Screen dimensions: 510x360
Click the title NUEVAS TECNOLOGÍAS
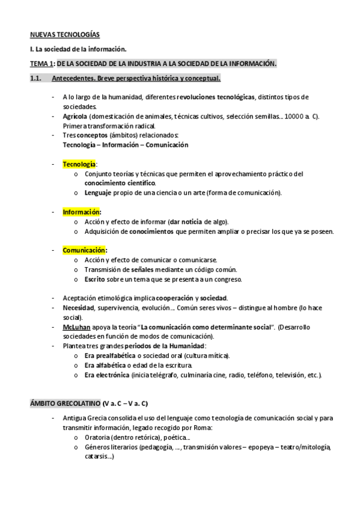click(66, 35)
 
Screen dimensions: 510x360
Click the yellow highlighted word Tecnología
click(79, 164)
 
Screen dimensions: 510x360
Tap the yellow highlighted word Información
click(82, 212)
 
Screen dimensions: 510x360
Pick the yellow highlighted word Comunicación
click(84, 250)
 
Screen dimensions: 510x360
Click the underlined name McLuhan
click(75, 327)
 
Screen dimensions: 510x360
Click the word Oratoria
click(99, 437)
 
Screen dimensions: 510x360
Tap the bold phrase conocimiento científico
click(120, 183)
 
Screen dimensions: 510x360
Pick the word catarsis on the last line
click(97, 456)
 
